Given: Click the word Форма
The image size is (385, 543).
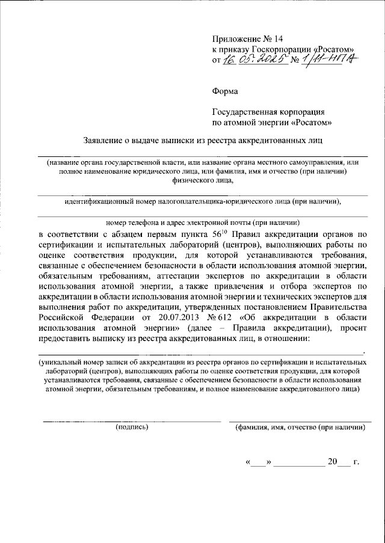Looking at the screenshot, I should click(x=225, y=91).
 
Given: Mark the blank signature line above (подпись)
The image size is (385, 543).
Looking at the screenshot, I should click(x=132, y=420).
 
